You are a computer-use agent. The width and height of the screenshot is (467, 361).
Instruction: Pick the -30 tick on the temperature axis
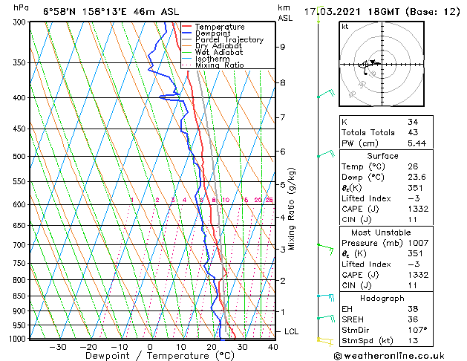(57, 347)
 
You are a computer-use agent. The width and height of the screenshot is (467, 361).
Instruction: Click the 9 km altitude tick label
(283, 47)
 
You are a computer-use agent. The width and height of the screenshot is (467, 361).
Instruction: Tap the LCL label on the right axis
(293, 331)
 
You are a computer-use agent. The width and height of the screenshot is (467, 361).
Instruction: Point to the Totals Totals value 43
(413, 132)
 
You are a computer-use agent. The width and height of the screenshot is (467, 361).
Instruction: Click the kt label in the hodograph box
(344, 26)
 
